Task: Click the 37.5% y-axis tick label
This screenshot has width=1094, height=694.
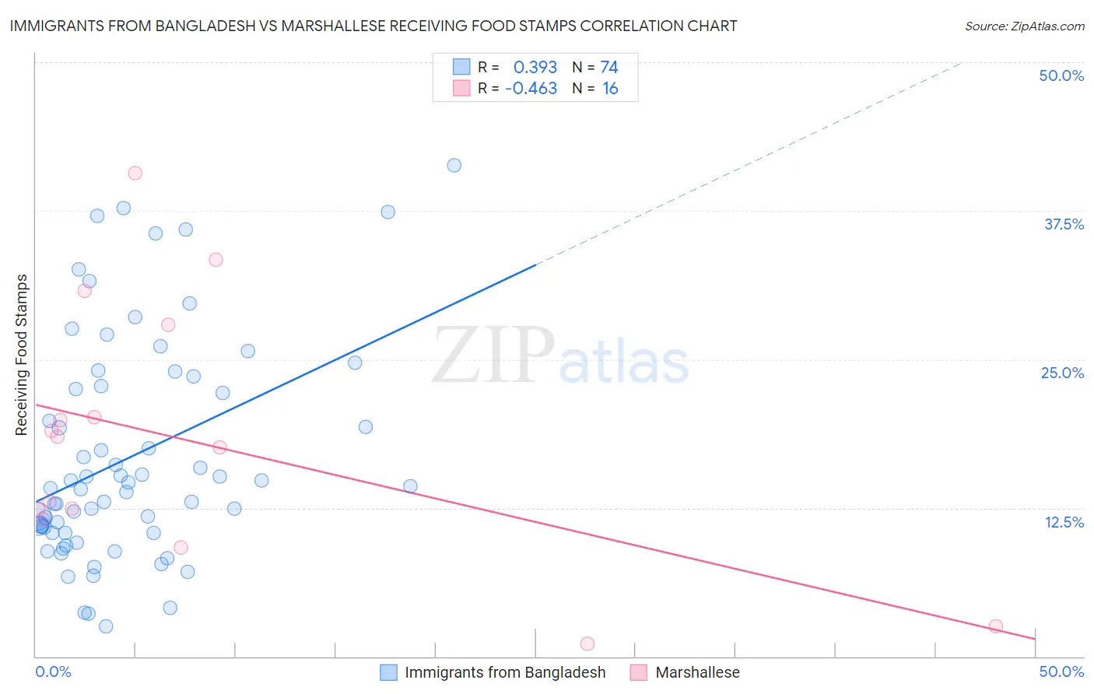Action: tap(1064, 224)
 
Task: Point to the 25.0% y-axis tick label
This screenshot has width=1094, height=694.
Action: tap(1062, 373)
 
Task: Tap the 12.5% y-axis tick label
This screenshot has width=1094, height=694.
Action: tap(1064, 522)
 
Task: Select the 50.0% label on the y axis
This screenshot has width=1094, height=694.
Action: tap(1061, 75)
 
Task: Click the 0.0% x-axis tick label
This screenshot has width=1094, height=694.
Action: tap(53, 671)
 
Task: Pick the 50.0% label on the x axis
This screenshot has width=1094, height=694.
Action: tap(1061, 671)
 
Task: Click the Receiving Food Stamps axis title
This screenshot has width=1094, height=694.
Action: tap(22, 355)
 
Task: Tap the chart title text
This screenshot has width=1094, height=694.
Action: tap(373, 26)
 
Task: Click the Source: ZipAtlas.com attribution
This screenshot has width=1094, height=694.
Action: tap(1024, 26)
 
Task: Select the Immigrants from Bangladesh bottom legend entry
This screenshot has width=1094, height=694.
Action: tap(504, 672)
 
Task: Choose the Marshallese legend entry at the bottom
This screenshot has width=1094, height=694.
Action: tap(697, 672)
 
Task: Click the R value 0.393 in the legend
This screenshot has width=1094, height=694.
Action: tap(535, 68)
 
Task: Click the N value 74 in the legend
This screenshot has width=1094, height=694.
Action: tap(609, 68)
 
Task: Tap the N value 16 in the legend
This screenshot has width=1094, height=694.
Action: tap(610, 89)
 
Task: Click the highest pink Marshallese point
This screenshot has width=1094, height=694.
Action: tap(135, 173)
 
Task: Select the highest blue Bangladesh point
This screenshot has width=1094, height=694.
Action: tap(454, 166)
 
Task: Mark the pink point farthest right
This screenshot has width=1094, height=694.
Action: tap(995, 626)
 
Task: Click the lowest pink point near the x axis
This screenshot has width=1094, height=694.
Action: tap(587, 643)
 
